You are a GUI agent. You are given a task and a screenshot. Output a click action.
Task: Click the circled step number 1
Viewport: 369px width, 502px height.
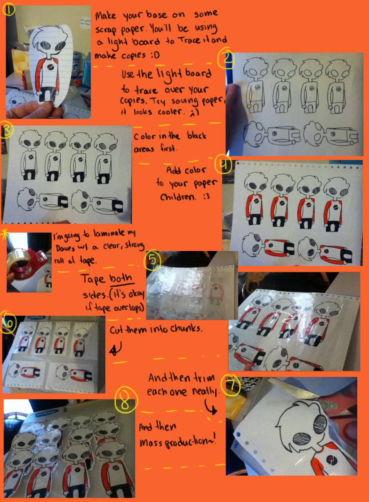(9, 10)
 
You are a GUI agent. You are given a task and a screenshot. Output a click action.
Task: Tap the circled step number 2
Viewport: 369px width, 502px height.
(227, 60)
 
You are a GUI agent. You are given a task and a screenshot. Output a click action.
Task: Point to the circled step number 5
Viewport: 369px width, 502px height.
(152, 260)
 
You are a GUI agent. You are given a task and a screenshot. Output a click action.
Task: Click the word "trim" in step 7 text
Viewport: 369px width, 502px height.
(201, 378)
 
